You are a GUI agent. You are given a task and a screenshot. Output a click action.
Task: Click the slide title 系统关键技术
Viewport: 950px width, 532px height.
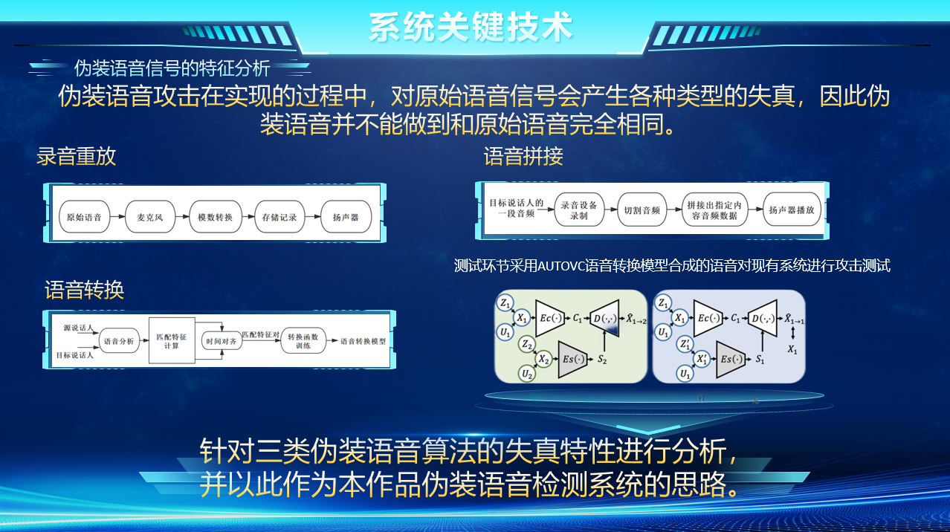(471, 27)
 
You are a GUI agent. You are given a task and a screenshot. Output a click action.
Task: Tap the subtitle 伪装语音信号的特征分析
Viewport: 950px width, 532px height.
(172, 68)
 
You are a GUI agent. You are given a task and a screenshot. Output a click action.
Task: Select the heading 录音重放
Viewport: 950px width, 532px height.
(77, 156)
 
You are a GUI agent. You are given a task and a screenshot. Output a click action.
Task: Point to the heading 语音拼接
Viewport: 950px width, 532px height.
(523, 156)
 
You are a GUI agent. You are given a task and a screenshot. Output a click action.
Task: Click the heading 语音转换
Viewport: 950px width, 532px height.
(84, 290)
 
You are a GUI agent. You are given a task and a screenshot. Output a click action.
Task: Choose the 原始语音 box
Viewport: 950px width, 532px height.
(84, 218)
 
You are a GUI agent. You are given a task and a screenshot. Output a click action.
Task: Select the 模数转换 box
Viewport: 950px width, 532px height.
(215, 218)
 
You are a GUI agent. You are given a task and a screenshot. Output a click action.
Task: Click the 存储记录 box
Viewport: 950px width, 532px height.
(279, 218)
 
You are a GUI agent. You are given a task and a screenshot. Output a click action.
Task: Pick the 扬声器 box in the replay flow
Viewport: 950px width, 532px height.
(345, 218)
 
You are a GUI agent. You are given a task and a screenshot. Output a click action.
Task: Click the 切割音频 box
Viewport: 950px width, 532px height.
(639, 210)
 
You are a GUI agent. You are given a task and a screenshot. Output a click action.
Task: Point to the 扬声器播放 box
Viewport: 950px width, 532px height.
(791, 210)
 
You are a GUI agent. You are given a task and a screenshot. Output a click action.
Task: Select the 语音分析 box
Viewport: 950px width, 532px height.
(120, 341)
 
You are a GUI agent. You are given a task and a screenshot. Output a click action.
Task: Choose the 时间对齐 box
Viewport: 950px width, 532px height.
(222, 341)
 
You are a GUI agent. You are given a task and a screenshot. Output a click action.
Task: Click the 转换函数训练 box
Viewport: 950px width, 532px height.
(303, 341)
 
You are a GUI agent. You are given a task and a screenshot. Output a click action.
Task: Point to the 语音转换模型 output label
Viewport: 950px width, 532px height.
(363, 341)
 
